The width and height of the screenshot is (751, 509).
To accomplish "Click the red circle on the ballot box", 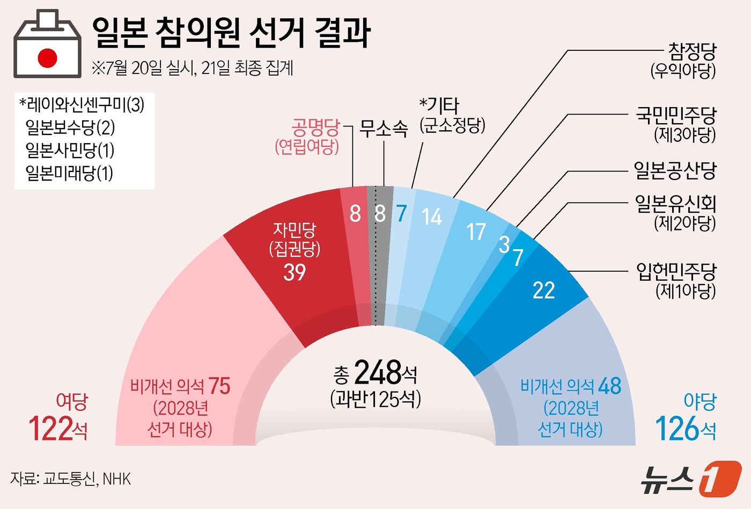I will [x=47, y=58].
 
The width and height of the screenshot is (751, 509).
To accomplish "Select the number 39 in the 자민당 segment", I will [x=294, y=272].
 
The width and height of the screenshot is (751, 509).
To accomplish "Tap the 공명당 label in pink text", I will [x=315, y=128].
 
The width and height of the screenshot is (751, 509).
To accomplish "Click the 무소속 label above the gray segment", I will [x=384, y=128].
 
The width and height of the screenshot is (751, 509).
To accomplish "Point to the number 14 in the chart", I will [x=431, y=217].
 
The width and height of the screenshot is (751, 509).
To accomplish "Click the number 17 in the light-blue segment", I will [x=475, y=232].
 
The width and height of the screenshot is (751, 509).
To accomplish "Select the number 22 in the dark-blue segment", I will [x=543, y=290].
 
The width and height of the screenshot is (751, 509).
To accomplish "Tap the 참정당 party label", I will [x=691, y=52].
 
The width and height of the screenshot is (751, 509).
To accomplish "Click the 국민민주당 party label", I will [x=676, y=115].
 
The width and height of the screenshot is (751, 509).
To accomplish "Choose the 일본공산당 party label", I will [x=675, y=170].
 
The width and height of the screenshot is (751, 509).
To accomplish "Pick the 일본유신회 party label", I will [x=675, y=204].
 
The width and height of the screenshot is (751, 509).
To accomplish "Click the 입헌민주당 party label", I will [x=676, y=272].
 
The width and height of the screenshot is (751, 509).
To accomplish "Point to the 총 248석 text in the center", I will [x=375, y=373].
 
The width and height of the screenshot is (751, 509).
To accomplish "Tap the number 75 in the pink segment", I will [x=219, y=386].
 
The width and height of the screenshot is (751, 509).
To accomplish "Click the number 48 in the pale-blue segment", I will [x=609, y=386].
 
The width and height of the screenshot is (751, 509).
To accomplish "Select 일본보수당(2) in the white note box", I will [x=70, y=128].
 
